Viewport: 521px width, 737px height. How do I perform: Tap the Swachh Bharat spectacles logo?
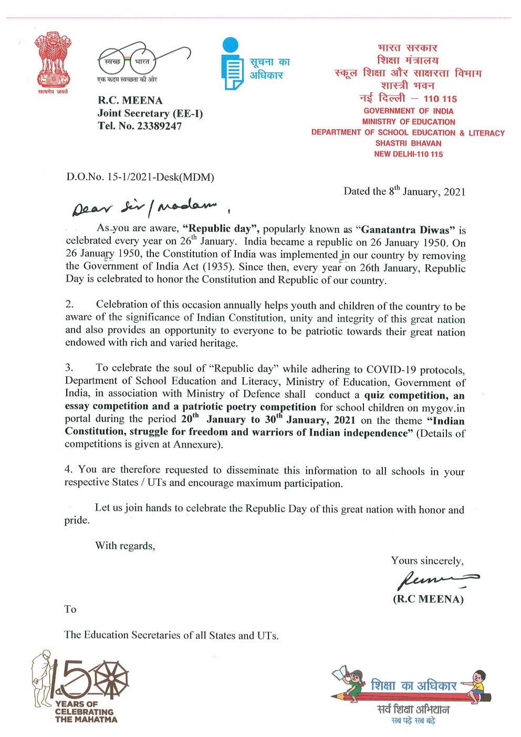pyautogui.click(x=142, y=60)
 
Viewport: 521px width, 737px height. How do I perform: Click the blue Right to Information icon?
pyautogui.click(x=232, y=64)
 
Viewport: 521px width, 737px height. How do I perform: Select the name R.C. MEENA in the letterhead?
pyautogui.click(x=130, y=100)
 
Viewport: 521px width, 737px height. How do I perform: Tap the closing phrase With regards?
pyautogui.click(x=125, y=546)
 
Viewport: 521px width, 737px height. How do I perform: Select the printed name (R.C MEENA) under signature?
pyautogui.click(x=428, y=599)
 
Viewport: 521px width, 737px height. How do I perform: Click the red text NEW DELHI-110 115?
pyautogui.click(x=408, y=154)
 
